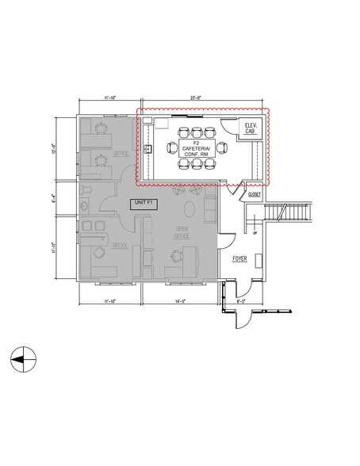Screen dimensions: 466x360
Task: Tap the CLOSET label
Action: point(255,193)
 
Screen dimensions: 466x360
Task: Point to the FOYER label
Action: point(241,259)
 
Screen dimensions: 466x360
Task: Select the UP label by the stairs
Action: point(255,233)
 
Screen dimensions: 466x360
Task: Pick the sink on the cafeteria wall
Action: point(148,148)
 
